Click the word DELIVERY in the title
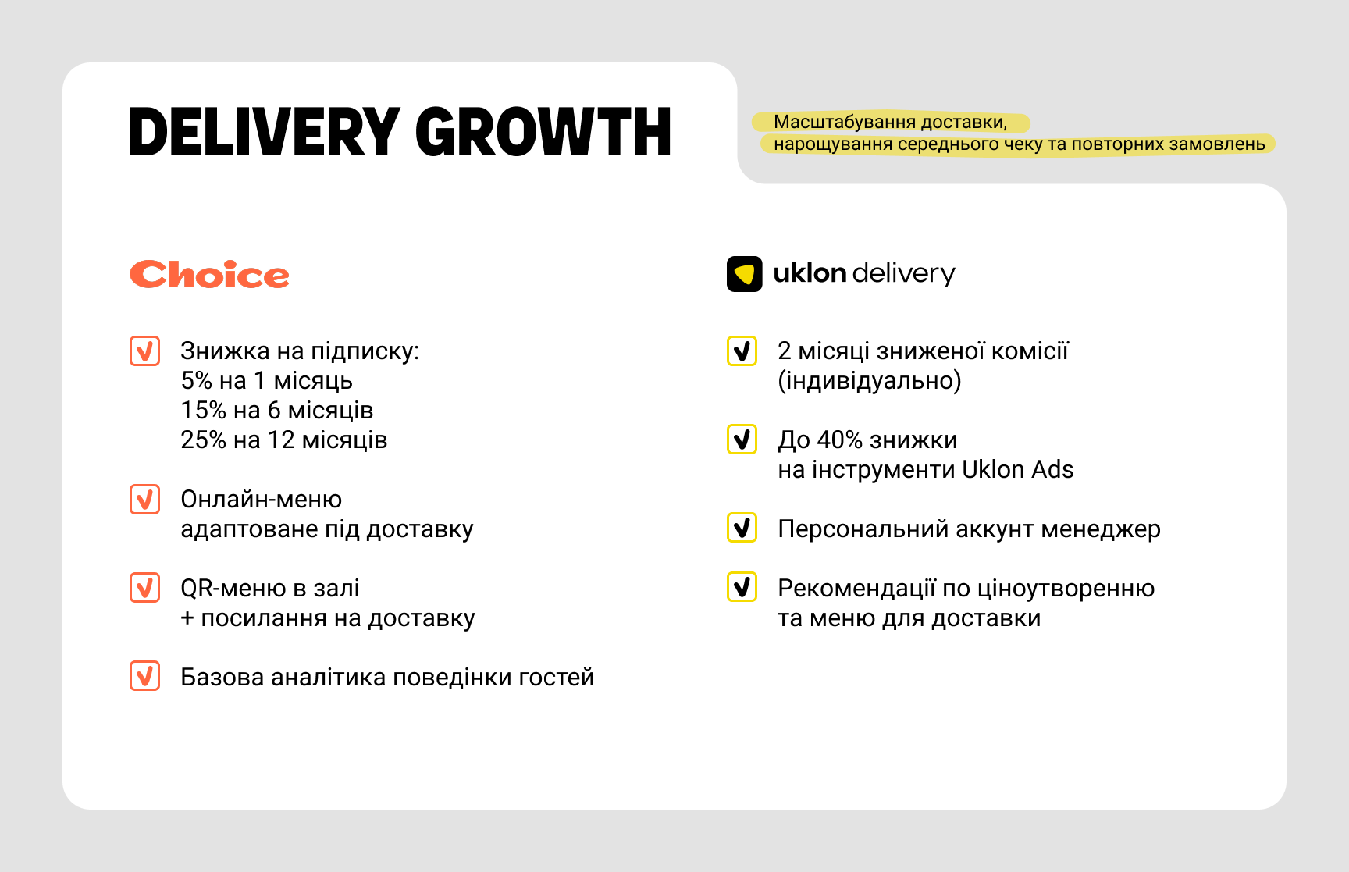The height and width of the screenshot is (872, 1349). tap(265, 132)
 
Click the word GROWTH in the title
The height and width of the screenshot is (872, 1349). tap(543, 132)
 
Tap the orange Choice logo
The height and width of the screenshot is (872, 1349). tap(209, 275)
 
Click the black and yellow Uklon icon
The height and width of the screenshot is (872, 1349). tap(745, 274)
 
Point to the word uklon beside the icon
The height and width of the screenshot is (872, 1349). tap(810, 273)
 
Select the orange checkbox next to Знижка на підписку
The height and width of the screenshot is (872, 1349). tap(144, 351)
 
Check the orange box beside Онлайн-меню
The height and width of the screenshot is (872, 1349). tap(144, 500)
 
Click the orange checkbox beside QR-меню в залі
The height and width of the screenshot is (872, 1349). tap(144, 588)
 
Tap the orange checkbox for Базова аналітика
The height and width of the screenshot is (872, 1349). tap(144, 676)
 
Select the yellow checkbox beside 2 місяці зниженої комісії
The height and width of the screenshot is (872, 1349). tap(742, 351)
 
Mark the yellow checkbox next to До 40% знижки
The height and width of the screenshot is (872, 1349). tap(742, 440)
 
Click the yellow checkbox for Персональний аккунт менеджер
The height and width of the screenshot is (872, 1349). tap(742, 528)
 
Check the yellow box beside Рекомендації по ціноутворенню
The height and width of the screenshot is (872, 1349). tap(742, 587)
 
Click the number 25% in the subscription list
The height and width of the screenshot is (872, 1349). tap(204, 440)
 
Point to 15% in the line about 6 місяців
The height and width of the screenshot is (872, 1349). tap(204, 411)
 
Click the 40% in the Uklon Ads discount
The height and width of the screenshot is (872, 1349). tap(840, 440)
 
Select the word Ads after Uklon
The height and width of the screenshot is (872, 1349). tap(1052, 470)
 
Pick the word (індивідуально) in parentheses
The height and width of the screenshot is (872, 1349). tap(870, 381)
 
